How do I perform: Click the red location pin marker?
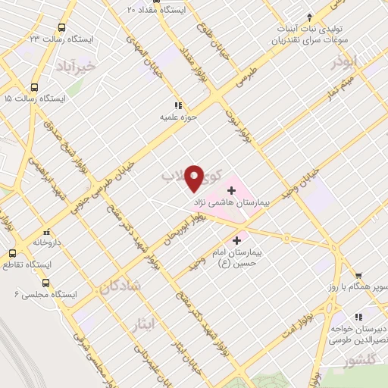point(195,178)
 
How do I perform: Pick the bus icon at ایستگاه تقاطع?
point(11,254)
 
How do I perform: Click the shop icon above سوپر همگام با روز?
point(358,276)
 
